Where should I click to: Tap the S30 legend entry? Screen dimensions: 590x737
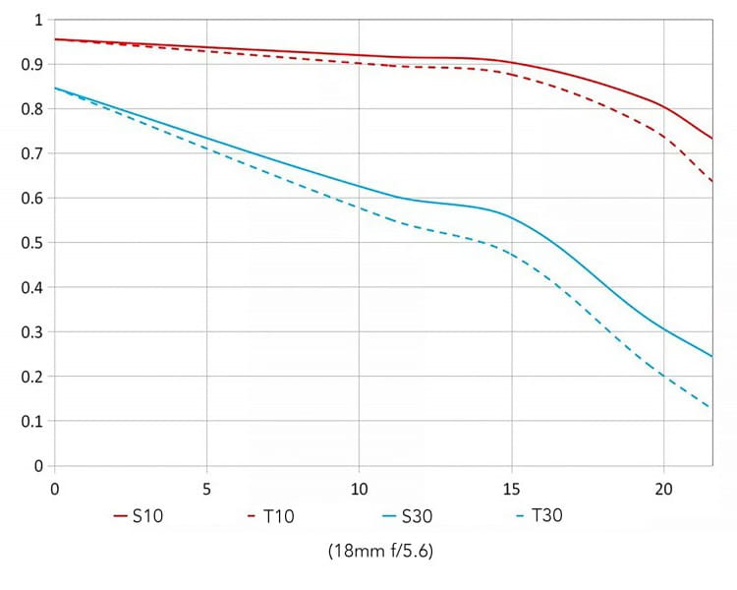(x=412, y=514)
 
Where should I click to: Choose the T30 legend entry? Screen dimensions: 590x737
(x=539, y=514)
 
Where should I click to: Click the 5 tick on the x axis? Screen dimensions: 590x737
(x=206, y=488)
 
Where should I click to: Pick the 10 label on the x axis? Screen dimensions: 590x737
(x=359, y=488)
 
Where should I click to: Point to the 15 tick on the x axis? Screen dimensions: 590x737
(x=511, y=488)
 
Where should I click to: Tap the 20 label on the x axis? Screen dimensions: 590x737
(x=663, y=488)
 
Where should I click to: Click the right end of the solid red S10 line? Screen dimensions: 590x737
(x=711, y=139)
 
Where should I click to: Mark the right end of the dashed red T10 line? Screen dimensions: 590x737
(x=711, y=182)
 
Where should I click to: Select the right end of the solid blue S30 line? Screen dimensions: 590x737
(x=711, y=356)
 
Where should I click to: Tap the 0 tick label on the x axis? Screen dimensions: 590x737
(x=54, y=488)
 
